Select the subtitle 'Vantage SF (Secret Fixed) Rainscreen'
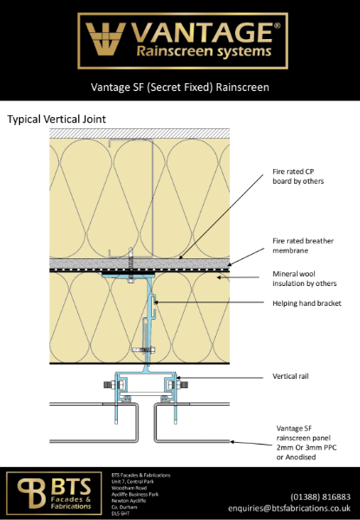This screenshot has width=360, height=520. coord(180,88)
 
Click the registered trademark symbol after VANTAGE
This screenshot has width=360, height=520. coord(277,26)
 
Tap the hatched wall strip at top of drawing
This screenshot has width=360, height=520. coord(139,133)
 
